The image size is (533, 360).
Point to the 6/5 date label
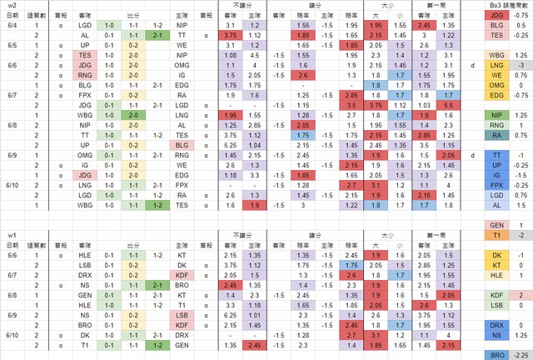(11, 45)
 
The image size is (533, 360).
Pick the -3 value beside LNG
(519, 65)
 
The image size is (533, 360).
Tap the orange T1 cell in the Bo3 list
(496, 235)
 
